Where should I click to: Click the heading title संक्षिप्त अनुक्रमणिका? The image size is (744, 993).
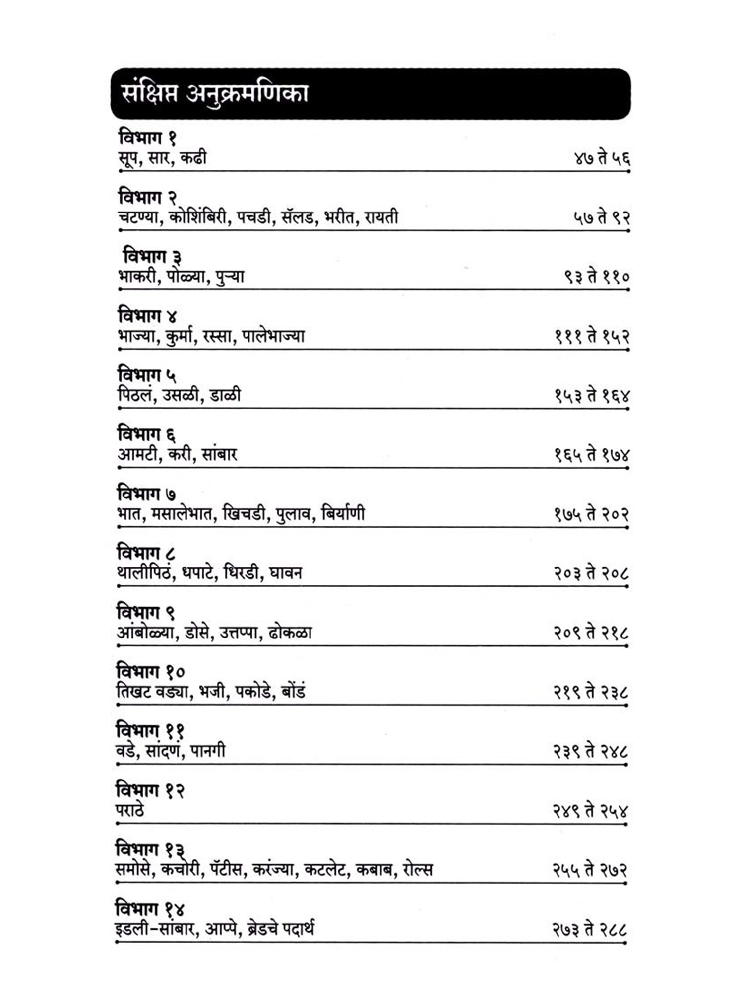click(x=215, y=94)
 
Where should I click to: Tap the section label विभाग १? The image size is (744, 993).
click(x=147, y=137)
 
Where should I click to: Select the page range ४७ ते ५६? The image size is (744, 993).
click(x=602, y=158)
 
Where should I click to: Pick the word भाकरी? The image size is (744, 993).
click(x=138, y=277)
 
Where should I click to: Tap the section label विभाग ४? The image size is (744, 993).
click(x=147, y=316)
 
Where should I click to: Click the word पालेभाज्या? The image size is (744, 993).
click(x=273, y=336)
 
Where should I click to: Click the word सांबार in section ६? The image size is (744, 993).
click(x=219, y=455)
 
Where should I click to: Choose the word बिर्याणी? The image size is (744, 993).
click(x=343, y=513)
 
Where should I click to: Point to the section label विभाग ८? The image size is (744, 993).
click(x=146, y=553)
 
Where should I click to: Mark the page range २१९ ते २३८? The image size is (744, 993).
click(x=591, y=692)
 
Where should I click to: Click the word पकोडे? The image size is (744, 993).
click(x=254, y=691)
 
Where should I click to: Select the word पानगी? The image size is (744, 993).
click(x=208, y=750)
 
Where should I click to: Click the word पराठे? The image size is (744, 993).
click(x=130, y=810)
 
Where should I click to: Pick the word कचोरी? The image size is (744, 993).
click(x=182, y=869)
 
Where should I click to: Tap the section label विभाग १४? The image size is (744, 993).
click(x=149, y=909)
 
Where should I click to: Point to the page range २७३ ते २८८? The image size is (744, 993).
click(x=590, y=929)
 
